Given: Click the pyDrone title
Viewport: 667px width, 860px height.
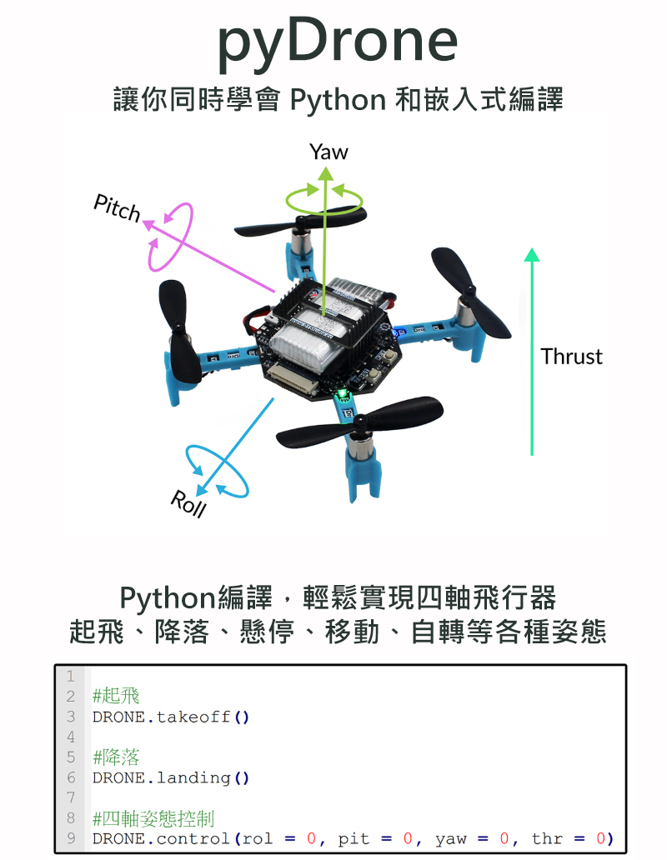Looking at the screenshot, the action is pos(338,42).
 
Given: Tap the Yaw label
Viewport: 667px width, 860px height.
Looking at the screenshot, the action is pos(328,152).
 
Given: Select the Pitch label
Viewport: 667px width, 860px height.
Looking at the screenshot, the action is pos(117,208).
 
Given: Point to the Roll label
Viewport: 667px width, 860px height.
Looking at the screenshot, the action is pos(188,504).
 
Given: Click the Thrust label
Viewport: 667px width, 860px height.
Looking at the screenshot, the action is pos(571,357).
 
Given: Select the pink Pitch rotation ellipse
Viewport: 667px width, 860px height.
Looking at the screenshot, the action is pos(170,237).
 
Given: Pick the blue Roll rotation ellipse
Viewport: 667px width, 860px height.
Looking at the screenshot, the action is pos(217,472).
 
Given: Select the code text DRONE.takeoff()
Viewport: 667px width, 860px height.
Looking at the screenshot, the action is pos(171,717).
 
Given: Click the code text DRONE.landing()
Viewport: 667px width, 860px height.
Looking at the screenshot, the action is pos(171,778).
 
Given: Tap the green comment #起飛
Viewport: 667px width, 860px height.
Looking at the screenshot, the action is pos(116,696).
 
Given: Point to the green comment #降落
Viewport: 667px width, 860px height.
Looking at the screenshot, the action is pos(116,757).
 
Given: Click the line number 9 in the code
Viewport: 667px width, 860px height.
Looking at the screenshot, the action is pos(72,838).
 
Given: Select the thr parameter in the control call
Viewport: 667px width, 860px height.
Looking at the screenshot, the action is pos(547,838).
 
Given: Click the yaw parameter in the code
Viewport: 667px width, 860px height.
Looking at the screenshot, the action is pos(451,838).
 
